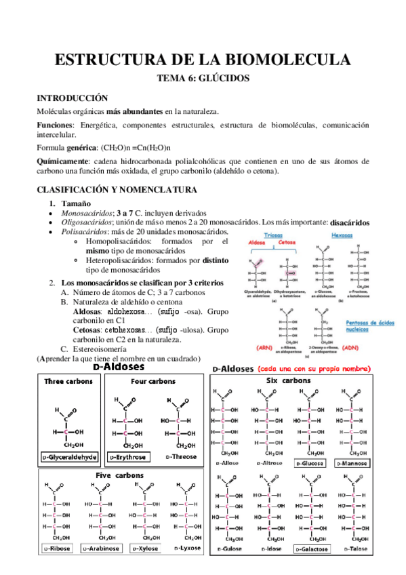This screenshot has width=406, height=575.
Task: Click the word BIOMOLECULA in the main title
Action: point(285,60)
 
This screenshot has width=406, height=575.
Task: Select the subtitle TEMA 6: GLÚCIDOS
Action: point(203,79)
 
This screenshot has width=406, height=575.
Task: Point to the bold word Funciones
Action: point(54,125)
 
